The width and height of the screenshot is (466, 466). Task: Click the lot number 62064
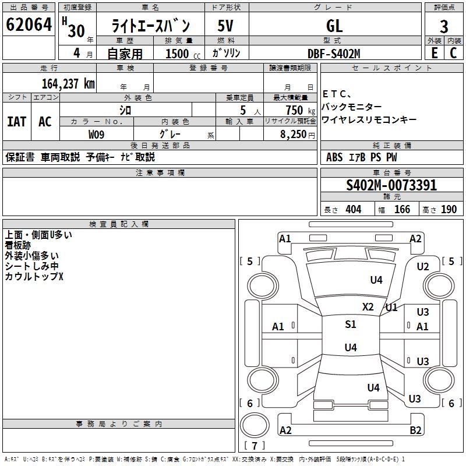pos(29,25)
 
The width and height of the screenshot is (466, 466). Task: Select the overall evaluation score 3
pos(444,26)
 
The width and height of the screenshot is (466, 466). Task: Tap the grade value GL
pos(334,26)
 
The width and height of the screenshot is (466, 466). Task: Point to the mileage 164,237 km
pos(68,83)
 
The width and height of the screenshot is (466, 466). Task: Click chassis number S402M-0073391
pos(391,186)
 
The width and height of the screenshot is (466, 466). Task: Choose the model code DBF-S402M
pos(334,54)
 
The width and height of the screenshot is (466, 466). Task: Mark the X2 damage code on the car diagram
pos(368,307)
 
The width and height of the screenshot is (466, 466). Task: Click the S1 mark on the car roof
pos(350,324)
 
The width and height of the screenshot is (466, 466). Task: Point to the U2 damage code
pos(423,266)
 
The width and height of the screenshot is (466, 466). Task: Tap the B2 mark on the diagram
pos(416,430)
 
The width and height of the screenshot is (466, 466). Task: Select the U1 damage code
pos(391,307)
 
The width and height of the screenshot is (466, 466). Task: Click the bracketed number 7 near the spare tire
pos(255,446)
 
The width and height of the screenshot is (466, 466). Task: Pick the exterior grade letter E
pos(435,54)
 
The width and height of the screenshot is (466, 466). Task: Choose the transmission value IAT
pos(16,122)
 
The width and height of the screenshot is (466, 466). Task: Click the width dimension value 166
pos(403,210)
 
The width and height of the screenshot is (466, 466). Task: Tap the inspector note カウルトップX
pos(34,277)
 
